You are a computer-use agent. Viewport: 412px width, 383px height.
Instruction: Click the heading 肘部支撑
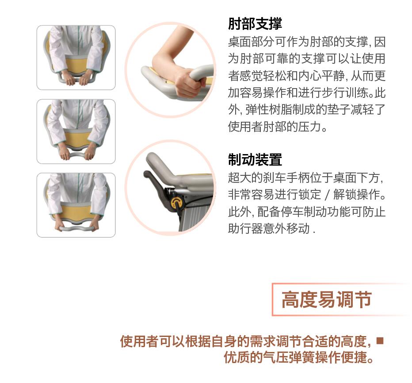pos(255,24)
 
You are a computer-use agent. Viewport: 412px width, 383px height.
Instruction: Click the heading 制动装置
pos(255,160)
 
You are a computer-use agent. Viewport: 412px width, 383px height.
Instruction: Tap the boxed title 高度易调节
pos(327,300)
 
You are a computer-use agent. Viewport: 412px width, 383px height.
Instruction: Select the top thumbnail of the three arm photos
pos(76,58)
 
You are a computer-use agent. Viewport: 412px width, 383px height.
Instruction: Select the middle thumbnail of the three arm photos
pos(76,132)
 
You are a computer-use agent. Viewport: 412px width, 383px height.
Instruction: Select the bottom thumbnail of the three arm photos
pos(76,205)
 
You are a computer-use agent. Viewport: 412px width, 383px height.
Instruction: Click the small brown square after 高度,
pos(380,340)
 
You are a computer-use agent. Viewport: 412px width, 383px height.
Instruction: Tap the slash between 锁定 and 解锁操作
pos(327,195)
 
